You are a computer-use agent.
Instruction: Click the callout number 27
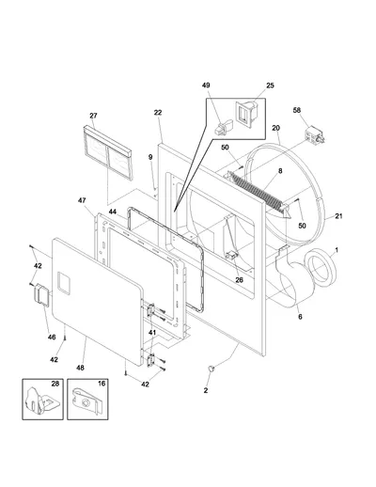coord(93,116)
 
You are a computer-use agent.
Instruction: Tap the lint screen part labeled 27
coord(108,152)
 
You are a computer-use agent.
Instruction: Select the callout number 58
coord(297,110)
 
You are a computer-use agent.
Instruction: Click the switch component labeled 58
coord(315,135)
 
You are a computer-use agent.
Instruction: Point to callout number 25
coord(270,86)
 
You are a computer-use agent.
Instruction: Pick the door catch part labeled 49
coord(224,127)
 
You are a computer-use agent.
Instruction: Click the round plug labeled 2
coord(211,369)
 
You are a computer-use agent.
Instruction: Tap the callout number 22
coord(158,113)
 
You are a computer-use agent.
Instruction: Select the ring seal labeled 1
coord(321,266)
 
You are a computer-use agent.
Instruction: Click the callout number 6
coord(300,317)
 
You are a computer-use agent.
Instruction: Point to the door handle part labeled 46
coord(41,294)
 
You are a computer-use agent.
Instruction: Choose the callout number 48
coord(80,368)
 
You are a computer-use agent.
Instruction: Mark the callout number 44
coord(113,212)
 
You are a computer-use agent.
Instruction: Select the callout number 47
coord(82,200)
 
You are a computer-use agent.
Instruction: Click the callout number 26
coord(239,280)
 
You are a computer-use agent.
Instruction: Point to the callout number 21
coord(338,216)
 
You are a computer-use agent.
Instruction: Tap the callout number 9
coord(150,157)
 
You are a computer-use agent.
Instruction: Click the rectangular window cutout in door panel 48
coord(64,283)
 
